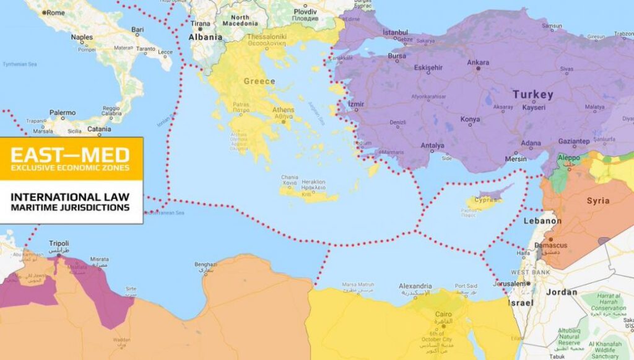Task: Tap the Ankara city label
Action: pos(478,63)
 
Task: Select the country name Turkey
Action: pos(532,95)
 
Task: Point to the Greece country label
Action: pos(259,81)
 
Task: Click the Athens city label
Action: pos(284,110)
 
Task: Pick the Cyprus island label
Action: pos(485,200)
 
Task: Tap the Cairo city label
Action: pos(443,315)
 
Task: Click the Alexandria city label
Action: pos(415,286)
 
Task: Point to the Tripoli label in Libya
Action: pos(58,244)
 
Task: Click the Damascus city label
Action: pos(550,245)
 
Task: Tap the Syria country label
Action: pos(598,201)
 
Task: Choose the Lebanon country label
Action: pos(542,221)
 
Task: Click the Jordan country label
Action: pos(562,292)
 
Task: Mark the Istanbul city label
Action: pos(396,32)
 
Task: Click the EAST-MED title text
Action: pos(70,154)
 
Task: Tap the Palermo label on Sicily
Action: pos(63,113)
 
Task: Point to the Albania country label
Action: pos(205,37)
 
